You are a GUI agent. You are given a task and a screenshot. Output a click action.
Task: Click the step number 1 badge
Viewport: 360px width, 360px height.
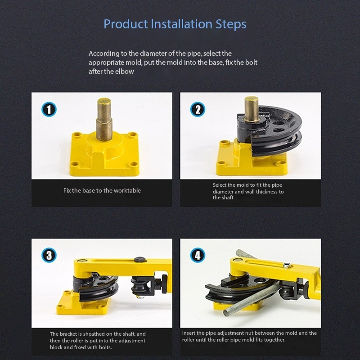coord(49,109)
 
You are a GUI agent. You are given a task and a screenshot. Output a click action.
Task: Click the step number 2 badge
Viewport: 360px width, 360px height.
coord(198,109)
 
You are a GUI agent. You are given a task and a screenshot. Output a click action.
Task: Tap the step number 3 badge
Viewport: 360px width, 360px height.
coord(49,255)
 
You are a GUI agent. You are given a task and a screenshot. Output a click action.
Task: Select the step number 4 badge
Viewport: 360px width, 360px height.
coord(198,255)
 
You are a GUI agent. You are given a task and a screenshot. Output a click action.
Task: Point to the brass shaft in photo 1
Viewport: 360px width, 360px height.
coord(104,119)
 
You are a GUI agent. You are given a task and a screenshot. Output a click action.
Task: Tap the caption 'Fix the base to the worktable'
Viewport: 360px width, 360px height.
coord(102,190)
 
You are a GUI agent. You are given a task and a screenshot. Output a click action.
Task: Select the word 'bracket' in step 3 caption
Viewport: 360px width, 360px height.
coord(68,334)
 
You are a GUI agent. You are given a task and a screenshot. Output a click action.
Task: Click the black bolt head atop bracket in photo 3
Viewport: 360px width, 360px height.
coord(140,260)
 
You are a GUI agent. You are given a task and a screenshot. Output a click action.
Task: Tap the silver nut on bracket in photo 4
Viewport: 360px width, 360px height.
coord(287,265)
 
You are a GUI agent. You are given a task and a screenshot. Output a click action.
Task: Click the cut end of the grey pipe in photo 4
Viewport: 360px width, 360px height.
coord(226,313)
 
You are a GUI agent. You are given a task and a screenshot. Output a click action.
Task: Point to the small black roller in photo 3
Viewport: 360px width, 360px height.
coord(138,287)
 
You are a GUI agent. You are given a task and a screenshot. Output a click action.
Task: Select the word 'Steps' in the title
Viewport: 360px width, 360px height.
coord(231,24)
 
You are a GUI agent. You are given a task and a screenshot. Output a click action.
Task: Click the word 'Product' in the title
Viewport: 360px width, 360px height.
coord(126,24)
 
